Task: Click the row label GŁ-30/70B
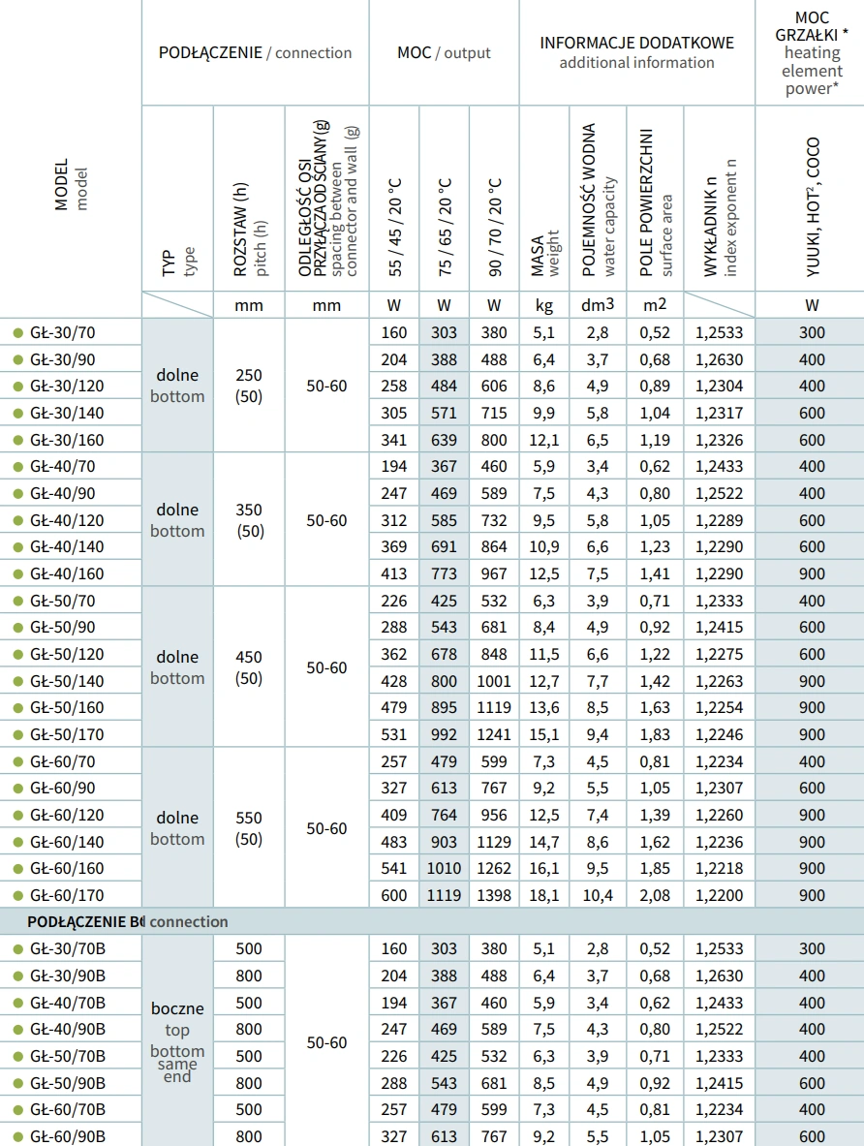[68, 949]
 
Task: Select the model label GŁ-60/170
[67, 895]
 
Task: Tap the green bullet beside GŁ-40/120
[16, 520]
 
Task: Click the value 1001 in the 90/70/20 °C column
[494, 681]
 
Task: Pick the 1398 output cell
[494, 895]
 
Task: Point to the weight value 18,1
[544, 895]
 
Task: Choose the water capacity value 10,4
[598, 895]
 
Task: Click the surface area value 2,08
[654, 895]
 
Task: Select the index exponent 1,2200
[719, 895]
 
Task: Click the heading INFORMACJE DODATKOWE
[636, 43]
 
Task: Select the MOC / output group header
[444, 53]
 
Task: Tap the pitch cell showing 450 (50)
[249, 667]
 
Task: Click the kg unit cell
[544, 305]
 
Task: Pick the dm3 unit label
[598, 305]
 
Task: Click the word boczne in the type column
[177, 1008]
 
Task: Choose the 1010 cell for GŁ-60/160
[444, 868]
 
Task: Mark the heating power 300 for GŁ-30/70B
[812, 949]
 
